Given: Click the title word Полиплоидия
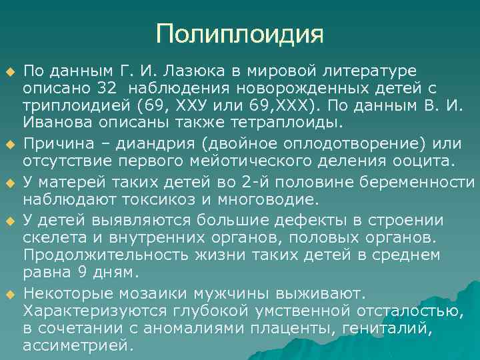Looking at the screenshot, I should (239, 33).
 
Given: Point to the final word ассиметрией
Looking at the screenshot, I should (78, 345).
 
